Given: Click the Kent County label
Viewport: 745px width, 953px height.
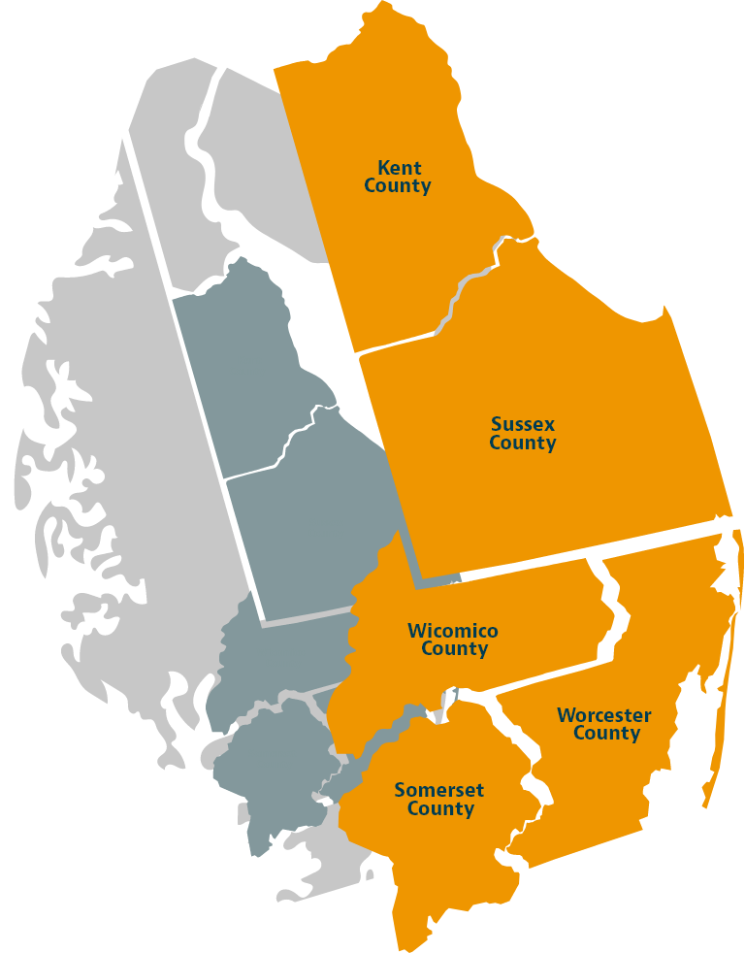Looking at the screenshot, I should point(398,177).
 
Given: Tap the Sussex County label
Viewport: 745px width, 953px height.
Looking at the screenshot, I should point(523,434).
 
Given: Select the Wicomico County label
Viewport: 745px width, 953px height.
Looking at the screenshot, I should point(453,640).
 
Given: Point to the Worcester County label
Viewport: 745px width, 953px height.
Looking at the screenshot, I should point(604,724).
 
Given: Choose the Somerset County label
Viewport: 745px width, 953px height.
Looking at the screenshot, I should point(439,799).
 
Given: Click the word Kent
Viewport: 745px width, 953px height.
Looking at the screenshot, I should point(400,168).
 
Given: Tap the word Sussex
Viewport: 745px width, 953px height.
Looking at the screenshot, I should point(523,424).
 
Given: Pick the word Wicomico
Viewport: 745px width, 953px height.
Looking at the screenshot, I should point(453,631).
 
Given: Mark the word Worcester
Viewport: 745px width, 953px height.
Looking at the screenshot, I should point(604,715).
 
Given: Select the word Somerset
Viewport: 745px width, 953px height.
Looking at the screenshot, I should point(439,790).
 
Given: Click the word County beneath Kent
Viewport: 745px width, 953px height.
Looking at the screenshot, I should point(398,185).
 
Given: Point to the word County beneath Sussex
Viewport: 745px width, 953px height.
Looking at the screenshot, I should point(523,444).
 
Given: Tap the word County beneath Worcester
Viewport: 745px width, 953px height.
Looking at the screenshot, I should point(606,734).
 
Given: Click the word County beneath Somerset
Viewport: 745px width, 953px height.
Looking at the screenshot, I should point(440,808).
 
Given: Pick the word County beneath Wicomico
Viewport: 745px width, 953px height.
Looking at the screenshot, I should point(454,649).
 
